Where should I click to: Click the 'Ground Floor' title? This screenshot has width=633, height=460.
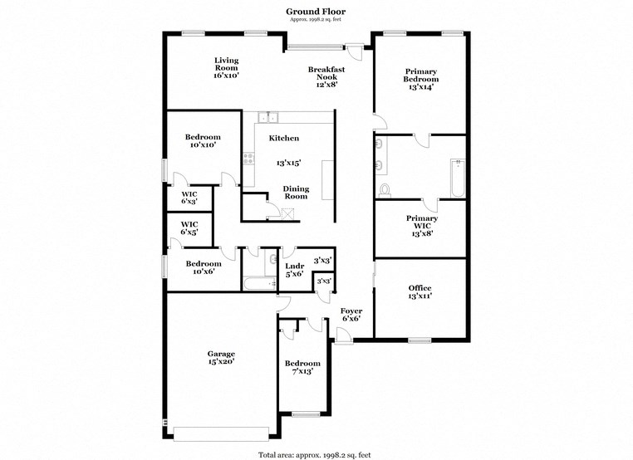316,11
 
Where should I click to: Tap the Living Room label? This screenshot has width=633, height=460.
226,67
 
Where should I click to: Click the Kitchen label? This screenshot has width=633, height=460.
282,139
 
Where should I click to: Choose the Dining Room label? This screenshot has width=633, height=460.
296,193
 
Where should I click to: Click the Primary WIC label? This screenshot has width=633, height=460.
421,226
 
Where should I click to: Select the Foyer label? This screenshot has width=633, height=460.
351,315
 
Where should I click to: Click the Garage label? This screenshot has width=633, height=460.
221,357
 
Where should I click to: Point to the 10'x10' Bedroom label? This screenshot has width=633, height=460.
202,141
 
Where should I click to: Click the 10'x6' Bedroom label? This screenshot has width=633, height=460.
202,267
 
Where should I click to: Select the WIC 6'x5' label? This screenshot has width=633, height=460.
189,228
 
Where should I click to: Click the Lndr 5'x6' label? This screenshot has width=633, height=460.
295,270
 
